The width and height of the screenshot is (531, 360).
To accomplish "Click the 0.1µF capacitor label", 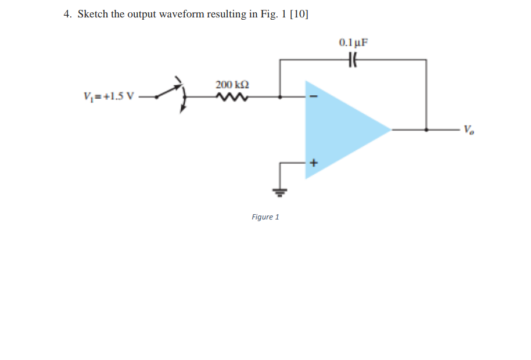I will click(353, 42).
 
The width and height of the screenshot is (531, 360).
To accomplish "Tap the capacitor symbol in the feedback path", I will click(353, 59).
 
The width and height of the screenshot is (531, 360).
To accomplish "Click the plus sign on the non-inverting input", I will click(314, 163).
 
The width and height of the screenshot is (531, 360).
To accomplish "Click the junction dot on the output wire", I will click(427, 130).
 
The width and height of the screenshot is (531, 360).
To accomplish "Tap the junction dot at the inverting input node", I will click(281, 97).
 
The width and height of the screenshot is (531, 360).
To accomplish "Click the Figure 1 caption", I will click(265, 217).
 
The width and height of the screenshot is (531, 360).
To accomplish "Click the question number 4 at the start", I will click(67, 15).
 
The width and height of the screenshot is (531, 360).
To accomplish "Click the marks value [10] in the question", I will click(299, 15).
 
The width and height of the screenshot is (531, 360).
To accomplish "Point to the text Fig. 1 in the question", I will click(272, 15).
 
